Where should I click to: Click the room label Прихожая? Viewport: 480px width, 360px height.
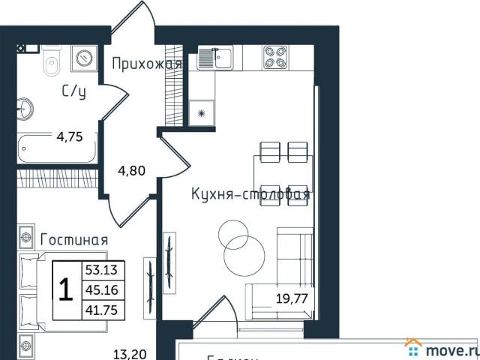pos(146,64)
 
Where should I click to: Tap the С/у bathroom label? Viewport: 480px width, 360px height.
pos(73,92)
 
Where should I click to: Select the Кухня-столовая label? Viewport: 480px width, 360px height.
pos(249,195)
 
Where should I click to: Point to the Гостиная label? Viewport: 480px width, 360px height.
pos(73,240)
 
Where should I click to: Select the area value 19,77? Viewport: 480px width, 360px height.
pos(292,298)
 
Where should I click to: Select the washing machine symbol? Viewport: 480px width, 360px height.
pos(84,57)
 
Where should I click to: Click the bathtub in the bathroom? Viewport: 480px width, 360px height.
pos(57,148)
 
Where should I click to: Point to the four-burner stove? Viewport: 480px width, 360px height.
pos(275,58)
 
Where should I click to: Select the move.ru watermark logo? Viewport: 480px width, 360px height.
pos(442,349)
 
